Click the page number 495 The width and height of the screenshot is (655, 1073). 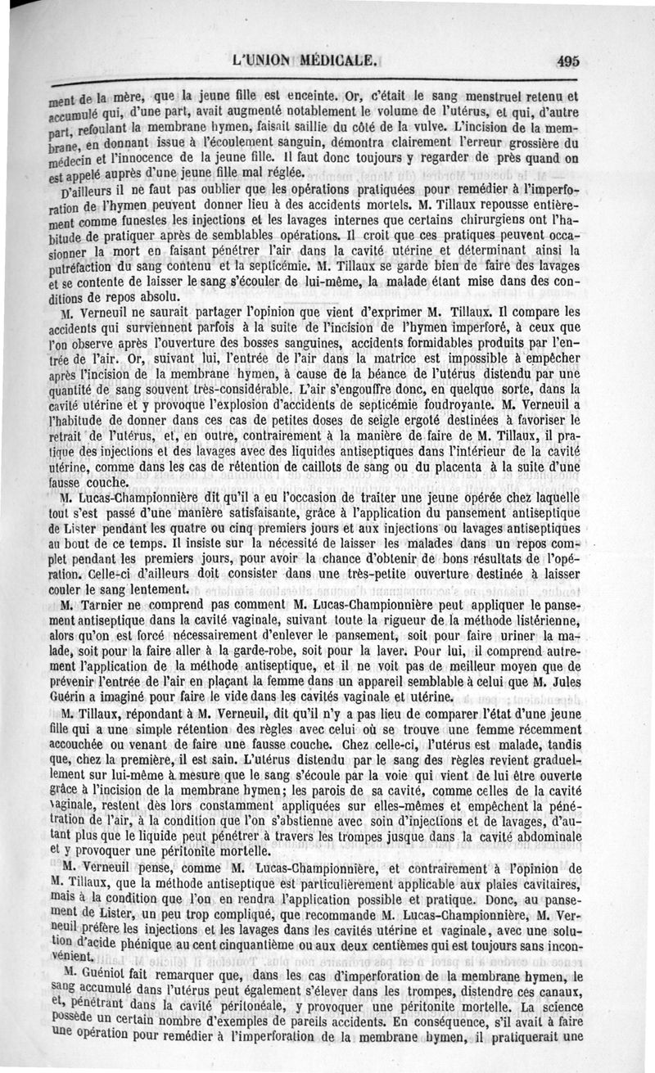pos(566,61)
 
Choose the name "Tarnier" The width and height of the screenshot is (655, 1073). pos(105,605)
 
